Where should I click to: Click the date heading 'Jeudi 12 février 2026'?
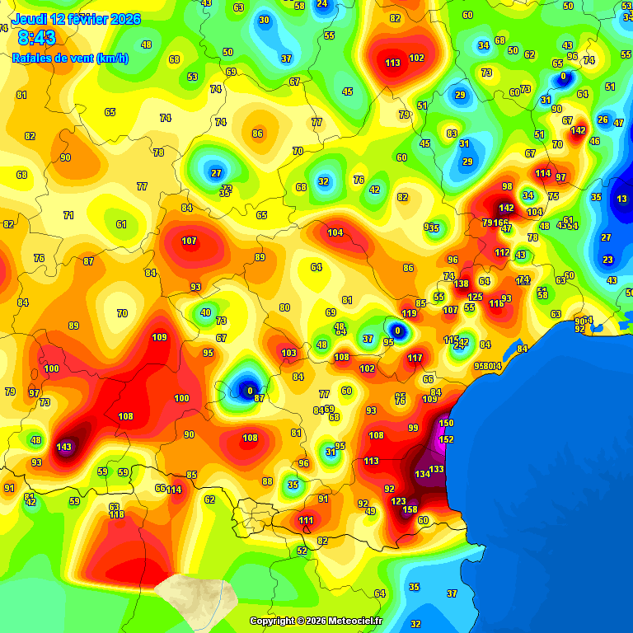76,19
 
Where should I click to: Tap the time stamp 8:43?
36,38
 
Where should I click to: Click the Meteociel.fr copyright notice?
316,621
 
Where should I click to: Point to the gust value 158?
410,509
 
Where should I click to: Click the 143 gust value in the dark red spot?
63,447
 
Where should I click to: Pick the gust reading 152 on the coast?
446,439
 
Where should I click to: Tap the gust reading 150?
446,423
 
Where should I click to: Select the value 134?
422,474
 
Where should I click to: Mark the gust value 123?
398,501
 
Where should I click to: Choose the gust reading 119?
409,313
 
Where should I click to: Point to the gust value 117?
415,358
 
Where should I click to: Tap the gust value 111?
306,520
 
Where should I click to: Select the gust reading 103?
288,353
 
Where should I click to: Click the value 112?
502,252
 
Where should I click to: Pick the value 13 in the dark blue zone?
621,199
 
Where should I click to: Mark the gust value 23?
607,260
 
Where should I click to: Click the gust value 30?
264,20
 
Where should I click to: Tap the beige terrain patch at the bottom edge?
195,595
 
